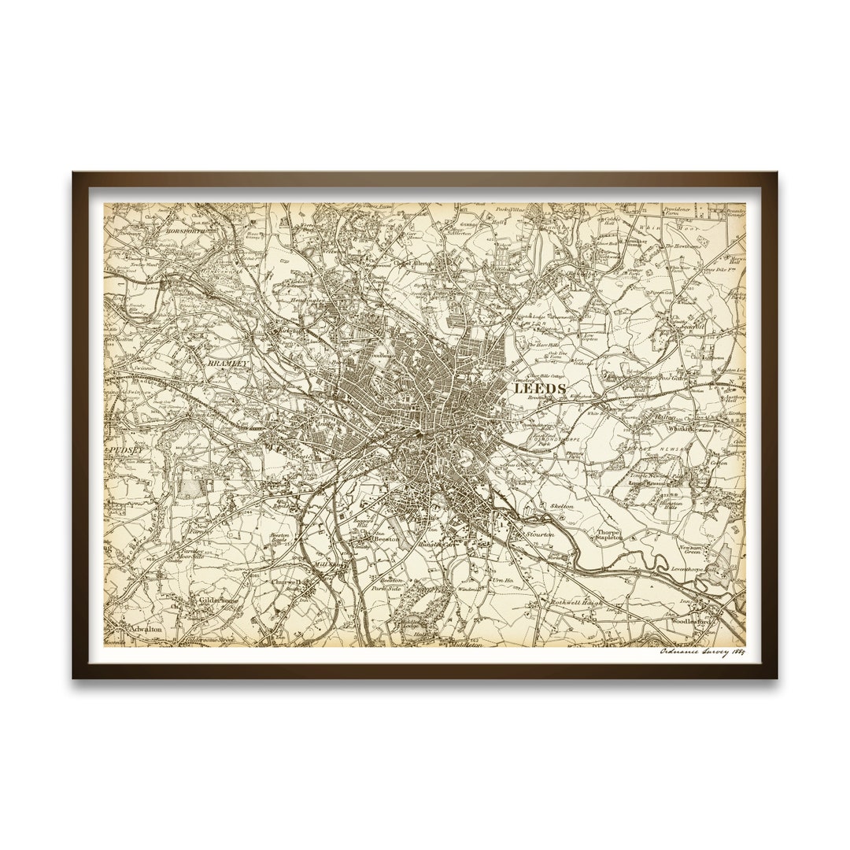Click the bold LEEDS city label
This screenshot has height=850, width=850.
[539, 389]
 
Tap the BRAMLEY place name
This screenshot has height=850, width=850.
[227, 364]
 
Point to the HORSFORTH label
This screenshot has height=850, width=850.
[183, 231]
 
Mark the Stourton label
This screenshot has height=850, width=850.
[540, 534]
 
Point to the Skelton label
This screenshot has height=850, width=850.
[561, 507]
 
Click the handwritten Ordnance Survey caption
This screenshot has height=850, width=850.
[701, 652]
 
